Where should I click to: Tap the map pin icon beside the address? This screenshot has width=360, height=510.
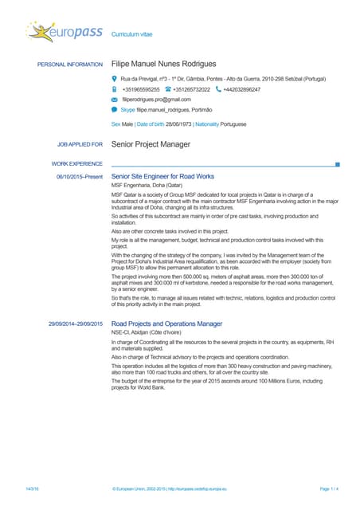point(115,80)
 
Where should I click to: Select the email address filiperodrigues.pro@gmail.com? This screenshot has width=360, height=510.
point(155,100)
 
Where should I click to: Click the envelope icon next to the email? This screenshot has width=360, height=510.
point(115,100)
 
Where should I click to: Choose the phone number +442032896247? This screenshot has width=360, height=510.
point(241,90)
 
